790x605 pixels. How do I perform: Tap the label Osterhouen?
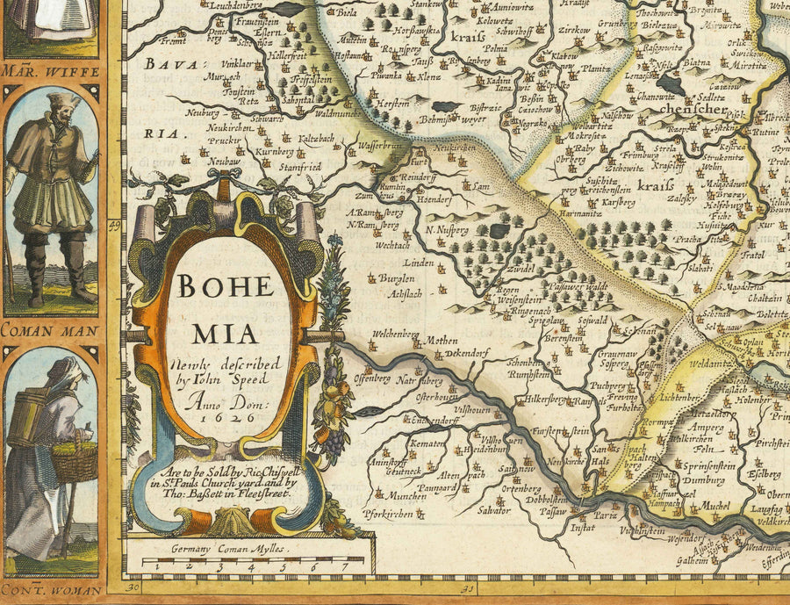(x=436, y=397)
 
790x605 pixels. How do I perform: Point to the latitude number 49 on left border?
(x=114, y=225)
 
